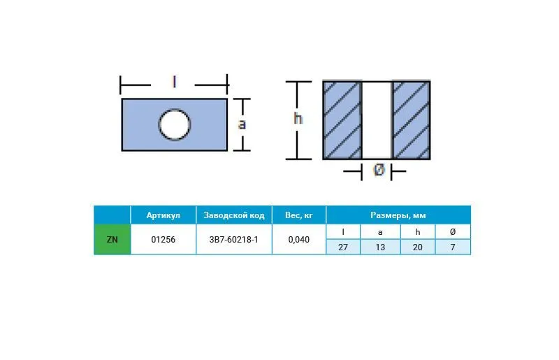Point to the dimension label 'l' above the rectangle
[x=174, y=82]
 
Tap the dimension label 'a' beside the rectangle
[x=242, y=124]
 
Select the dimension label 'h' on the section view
[x=298, y=118]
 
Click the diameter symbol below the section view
[x=379, y=169]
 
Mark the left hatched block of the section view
[x=342, y=120]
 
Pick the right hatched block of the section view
[x=411, y=120]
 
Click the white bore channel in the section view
[x=377, y=120]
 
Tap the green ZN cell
[x=112, y=239]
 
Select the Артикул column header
[x=164, y=215]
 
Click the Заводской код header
[x=234, y=215]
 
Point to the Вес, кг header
[x=299, y=215]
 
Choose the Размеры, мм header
[x=398, y=215]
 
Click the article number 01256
[x=164, y=239]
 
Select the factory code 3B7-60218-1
[x=233, y=239]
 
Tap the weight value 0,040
[x=299, y=239]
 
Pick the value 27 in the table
[x=343, y=247]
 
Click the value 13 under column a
[x=380, y=247]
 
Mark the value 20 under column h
[x=417, y=247]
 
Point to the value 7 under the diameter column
[x=453, y=247]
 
